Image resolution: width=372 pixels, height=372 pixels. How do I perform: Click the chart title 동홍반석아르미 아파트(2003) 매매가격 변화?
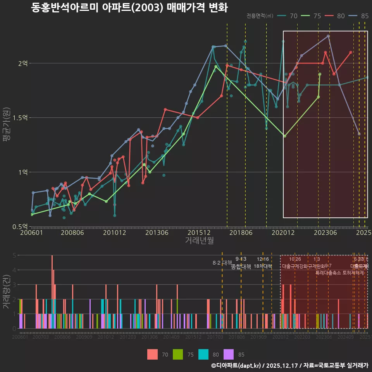coord(129,8)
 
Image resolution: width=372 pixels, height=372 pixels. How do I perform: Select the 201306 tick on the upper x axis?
coord(157,232)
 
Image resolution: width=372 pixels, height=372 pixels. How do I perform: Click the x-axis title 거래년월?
coord(199,241)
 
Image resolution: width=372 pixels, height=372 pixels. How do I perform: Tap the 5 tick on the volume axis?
coord(14,255)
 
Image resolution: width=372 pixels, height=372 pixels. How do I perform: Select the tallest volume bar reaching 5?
coord(52,291)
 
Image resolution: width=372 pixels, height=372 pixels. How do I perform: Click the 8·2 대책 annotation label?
coord(222,263)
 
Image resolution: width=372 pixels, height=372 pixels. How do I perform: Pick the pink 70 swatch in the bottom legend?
coord(153,354)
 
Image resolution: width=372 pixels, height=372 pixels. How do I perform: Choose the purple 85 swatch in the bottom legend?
coord(229,354)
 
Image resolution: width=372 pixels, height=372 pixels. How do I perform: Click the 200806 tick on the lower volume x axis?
coord(62,337)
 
